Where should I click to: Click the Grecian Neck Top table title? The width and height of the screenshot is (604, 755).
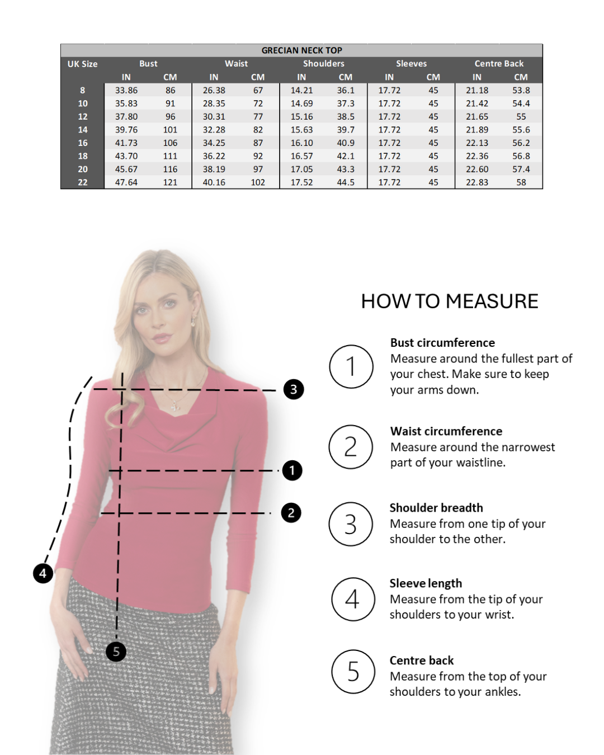tap(301, 50)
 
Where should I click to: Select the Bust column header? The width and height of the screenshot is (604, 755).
tap(148, 64)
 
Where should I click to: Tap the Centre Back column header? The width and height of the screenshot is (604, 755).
tap(499, 64)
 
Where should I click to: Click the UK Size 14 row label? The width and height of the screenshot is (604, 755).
tap(82, 130)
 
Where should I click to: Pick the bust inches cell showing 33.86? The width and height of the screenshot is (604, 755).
tap(126, 90)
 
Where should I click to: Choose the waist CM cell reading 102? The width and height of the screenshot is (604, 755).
tap(258, 182)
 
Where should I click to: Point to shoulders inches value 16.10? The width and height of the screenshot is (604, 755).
tap(301, 143)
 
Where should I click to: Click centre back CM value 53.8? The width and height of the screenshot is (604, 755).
tap(521, 90)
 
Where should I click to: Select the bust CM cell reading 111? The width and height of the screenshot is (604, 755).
tap(170, 156)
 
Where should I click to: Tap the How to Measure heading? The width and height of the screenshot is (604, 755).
tap(450, 301)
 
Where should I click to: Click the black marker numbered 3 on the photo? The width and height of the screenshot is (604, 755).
tap(294, 389)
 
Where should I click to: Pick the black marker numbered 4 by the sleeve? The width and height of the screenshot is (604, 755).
tap(43, 573)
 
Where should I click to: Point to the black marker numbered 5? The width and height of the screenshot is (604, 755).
tap(116, 652)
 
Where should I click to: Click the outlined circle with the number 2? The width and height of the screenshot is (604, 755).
tap(351, 447)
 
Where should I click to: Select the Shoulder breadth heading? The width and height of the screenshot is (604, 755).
tap(436, 508)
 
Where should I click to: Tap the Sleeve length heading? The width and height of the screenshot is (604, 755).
tap(426, 583)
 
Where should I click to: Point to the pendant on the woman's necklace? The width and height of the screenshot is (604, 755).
tap(174, 406)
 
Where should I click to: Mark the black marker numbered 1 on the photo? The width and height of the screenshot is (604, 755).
tap(292, 470)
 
